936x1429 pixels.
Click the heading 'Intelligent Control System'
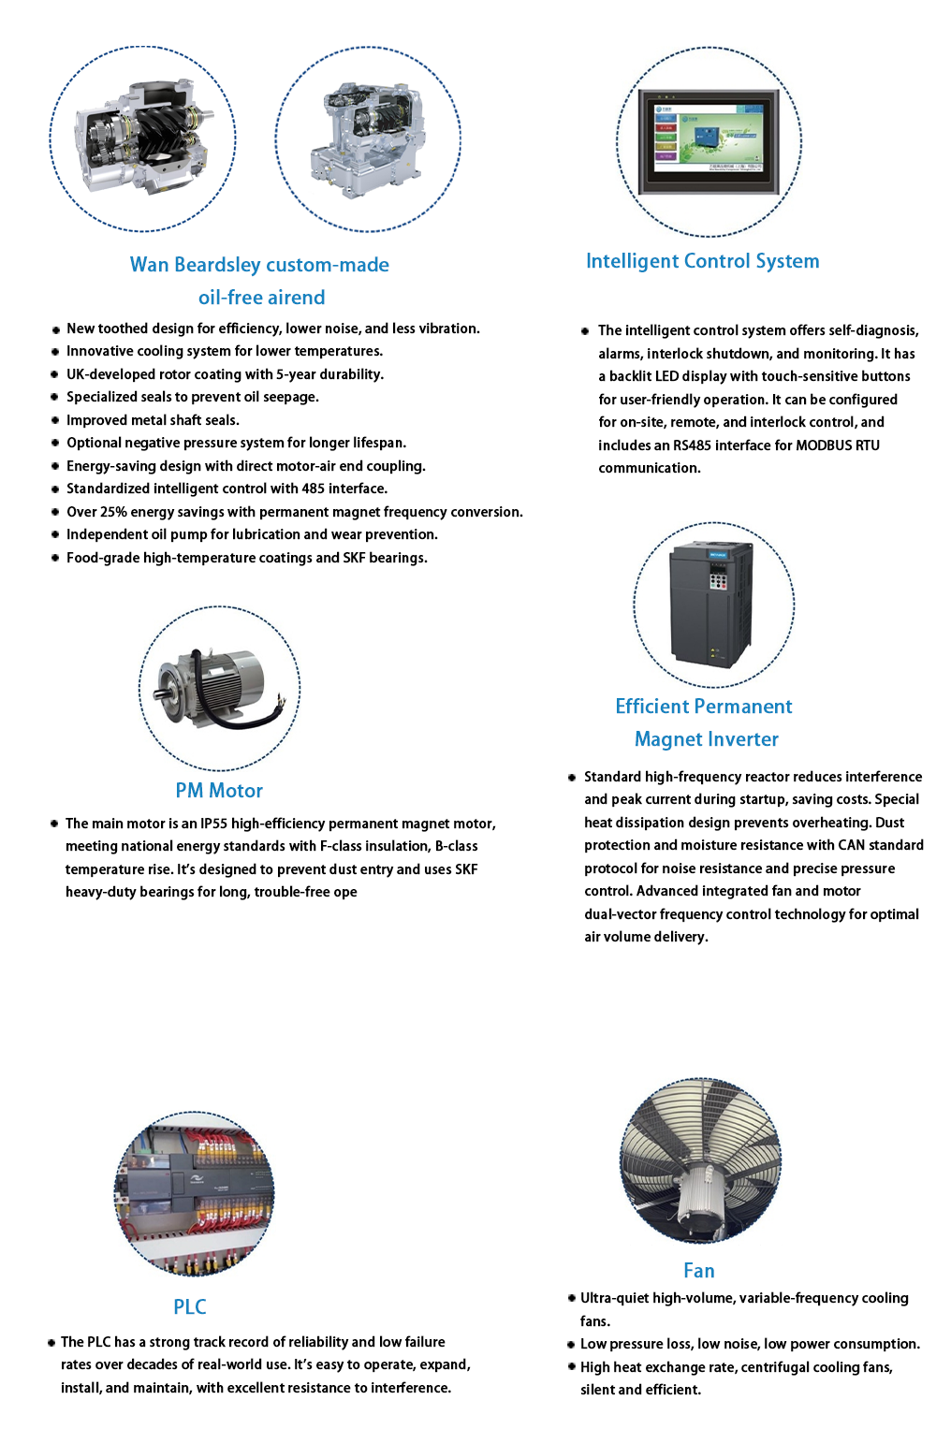[702, 261]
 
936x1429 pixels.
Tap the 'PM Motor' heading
[219, 791]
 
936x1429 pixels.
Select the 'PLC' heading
[190, 1307]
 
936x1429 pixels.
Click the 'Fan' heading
[699, 1271]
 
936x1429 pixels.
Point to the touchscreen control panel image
[709, 141]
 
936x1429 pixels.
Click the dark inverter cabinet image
[712, 604]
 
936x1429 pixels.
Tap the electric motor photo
[218, 688]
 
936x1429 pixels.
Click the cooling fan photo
[700, 1160]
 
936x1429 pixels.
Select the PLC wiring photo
[195, 1193]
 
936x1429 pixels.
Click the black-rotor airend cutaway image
[143, 139]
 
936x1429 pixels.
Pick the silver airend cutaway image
[368, 139]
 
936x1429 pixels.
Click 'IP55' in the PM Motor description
[213, 824]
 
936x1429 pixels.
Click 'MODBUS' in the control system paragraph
[825, 445]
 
